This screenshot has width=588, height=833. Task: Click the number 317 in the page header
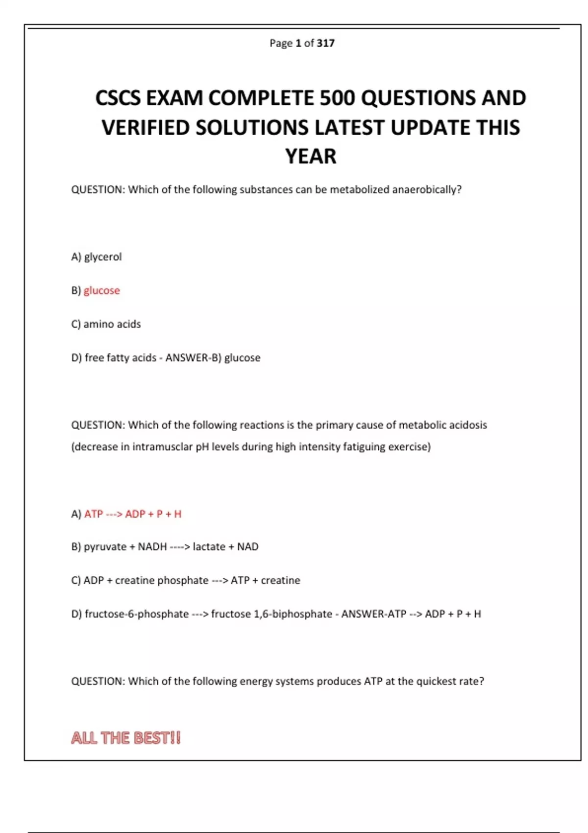pyautogui.click(x=325, y=43)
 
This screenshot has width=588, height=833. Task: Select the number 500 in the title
pyautogui.click(x=338, y=98)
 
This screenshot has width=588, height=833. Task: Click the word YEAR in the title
pyautogui.click(x=311, y=157)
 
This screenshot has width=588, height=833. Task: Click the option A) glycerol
pyautogui.click(x=97, y=257)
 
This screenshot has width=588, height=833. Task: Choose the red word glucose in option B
pyautogui.click(x=101, y=291)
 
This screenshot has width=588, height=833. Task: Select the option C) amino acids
pyautogui.click(x=106, y=324)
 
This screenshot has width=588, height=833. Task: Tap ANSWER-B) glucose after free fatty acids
pyautogui.click(x=213, y=358)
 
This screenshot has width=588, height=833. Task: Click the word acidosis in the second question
pyautogui.click(x=468, y=425)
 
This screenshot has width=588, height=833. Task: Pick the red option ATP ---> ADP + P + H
pyautogui.click(x=132, y=514)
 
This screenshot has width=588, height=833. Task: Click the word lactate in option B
pyautogui.click(x=209, y=547)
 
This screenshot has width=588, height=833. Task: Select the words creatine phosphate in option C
pyautogui.click(x=162, y=580)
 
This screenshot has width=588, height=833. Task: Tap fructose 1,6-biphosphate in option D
pyautogui.click(x=271, y=614)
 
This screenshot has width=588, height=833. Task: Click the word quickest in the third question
pyautogui.click(x=434, y=681)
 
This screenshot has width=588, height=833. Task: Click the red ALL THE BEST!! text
pyautogui.click(x=126, y=738)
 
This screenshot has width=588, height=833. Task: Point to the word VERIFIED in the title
pyautogui.click(x=146, y=128)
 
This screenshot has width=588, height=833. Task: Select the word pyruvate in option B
pyautogui.click(x=105, y=547)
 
